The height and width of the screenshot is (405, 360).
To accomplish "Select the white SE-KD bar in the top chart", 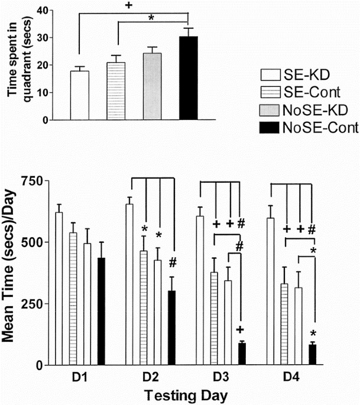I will [79, 95].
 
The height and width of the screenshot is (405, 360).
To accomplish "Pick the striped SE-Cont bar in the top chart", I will [116, 91].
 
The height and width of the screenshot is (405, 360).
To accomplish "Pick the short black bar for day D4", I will [313, 355].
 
